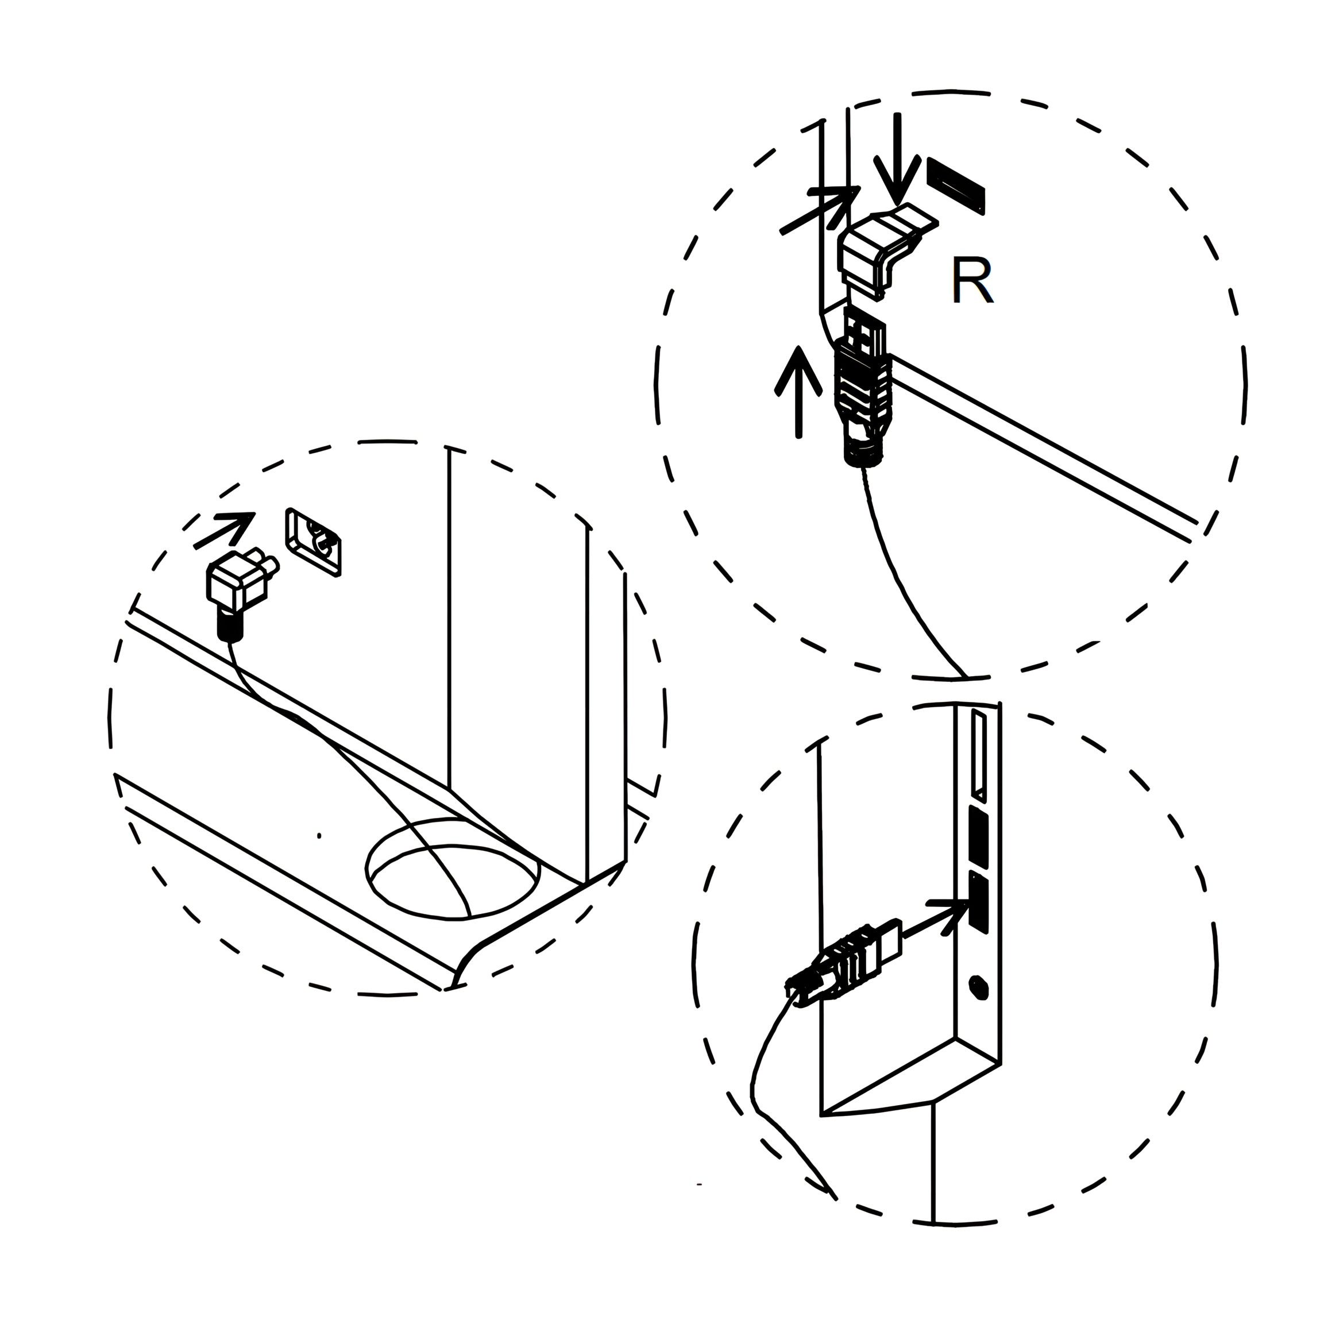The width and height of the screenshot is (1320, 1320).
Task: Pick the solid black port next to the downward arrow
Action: tap(956, 187)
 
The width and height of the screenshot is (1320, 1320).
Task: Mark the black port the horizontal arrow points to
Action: tap(978, 902)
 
